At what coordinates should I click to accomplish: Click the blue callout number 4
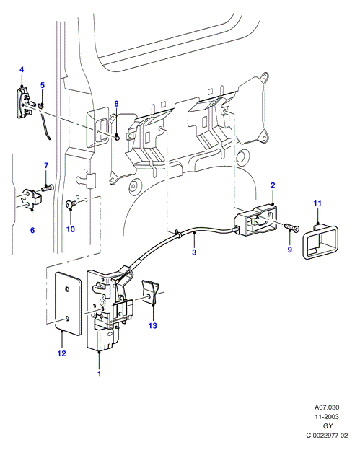(22, 69)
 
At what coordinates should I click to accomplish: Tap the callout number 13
(153, 325)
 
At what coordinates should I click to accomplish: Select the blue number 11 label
(317, 203)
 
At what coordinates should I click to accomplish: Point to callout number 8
(116, 104)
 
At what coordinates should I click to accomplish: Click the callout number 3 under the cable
(194, 252)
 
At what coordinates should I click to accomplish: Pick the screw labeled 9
(291, 228)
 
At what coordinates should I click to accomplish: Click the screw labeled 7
(48, 188)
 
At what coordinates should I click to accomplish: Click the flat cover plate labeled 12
(69, 304)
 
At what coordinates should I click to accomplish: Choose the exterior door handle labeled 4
(24, 102)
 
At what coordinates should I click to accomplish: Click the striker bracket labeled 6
(32, 198)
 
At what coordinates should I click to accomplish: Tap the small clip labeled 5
(42, 105)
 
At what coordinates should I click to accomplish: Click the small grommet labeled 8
(117, 138)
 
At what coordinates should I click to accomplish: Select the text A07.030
(327, 407)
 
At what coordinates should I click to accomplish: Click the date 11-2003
(327, 417)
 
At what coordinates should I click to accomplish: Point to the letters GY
(328, 426)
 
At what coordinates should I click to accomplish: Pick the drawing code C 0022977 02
(327, 436)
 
